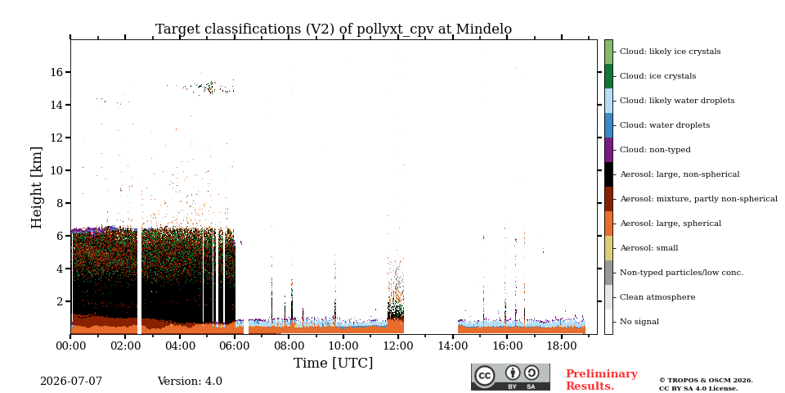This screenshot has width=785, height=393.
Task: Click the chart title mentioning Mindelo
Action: point(334,29)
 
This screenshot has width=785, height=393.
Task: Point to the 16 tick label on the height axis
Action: point(56,72)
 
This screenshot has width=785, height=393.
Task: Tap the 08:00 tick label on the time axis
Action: point(289,346)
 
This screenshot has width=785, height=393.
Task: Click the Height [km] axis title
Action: point(37,187)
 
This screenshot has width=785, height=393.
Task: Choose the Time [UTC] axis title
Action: point(334,363)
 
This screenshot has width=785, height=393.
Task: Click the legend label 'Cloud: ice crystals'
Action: point(657,76)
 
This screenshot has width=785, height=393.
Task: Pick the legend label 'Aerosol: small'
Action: point(648,248)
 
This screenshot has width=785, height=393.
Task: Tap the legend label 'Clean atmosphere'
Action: point(657,297)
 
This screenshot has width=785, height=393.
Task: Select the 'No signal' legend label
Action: point(639,322)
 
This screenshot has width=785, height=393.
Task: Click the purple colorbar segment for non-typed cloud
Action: point(608,150)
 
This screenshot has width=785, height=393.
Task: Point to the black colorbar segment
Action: point(608,174)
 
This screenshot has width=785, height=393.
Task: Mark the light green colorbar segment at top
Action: point(608,52)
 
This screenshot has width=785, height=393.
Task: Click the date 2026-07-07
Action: point(71,382)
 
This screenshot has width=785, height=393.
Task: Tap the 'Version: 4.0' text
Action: point(190,382)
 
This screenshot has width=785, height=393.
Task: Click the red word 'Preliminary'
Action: point(602,374)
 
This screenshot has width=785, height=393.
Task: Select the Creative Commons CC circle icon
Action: point(485,376)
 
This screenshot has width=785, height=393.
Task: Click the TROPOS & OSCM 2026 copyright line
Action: point(706,381)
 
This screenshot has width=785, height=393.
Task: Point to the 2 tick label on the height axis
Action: point(61,301)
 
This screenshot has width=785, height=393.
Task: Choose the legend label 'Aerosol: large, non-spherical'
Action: point(680,174)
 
